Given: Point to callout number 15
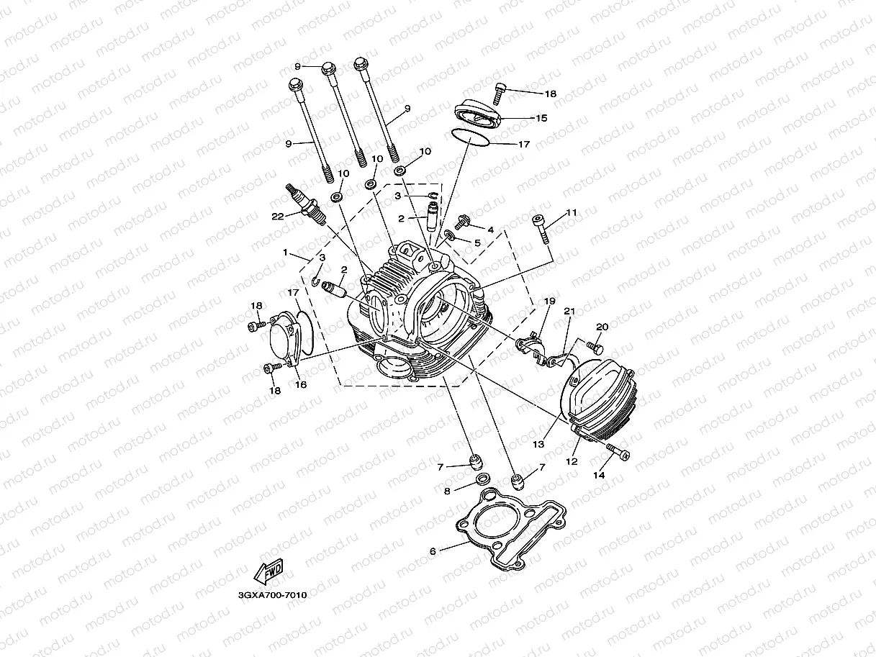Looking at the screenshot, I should coord(541,118).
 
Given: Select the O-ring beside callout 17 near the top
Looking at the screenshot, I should coord(471,137).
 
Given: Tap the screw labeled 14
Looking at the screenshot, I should coord(617,452).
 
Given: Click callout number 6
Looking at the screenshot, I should coord(433,551).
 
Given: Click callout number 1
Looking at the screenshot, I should coord(286,253).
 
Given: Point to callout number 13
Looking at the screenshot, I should coord(538,445).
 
